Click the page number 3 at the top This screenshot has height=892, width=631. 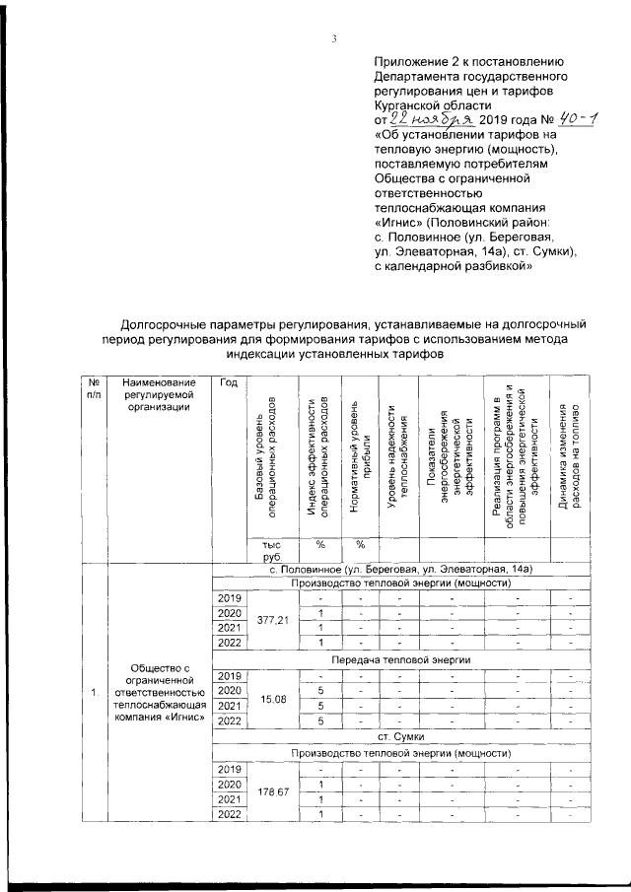coord(334,39)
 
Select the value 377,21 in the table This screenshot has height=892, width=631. coord(272,622)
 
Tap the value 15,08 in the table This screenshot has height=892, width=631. coord(272,699)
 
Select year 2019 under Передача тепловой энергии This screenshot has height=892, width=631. coord(229,675)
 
